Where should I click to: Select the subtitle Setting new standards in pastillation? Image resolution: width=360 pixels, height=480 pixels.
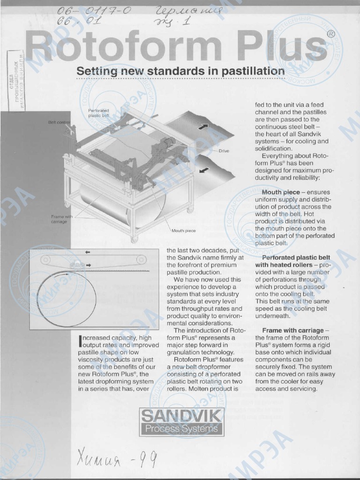tap(180, 71)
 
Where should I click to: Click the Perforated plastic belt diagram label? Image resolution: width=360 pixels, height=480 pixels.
tap(98, 112)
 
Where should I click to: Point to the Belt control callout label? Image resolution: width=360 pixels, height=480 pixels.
tap(59, 122)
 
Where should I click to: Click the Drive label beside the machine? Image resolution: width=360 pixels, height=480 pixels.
tap(224, 151)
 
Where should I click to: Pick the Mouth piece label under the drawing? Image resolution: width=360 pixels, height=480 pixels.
tap(184, 231)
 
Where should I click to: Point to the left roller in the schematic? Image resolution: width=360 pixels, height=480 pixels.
tap(45, 259)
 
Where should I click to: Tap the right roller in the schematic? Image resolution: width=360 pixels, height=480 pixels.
tap(139, 259)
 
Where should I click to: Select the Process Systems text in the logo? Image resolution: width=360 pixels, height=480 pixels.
tap(181, 428)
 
